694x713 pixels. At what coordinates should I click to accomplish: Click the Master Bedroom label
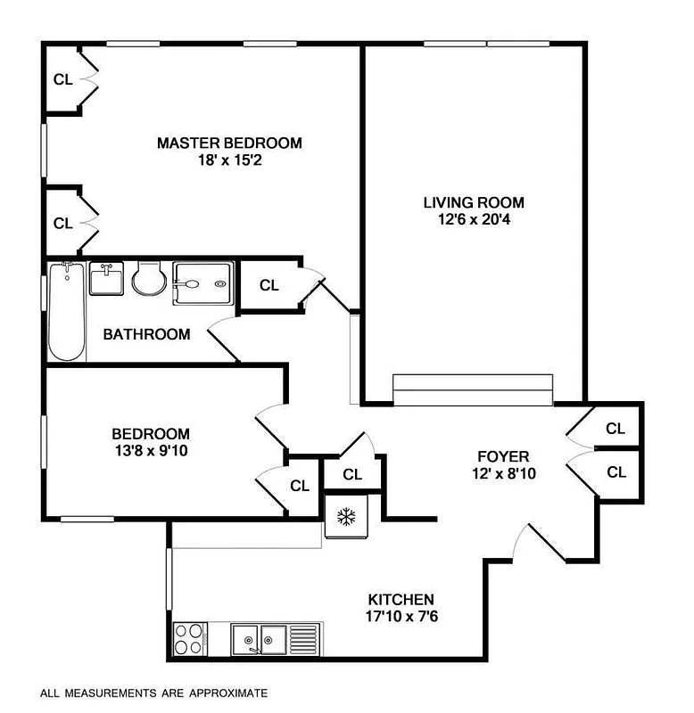pyautogui.click(x=229, y=143)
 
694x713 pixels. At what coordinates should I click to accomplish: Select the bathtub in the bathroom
pyautogui.click(x=66, y=311)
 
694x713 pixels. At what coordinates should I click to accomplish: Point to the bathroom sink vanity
pyautogui.click(x=106, y=278)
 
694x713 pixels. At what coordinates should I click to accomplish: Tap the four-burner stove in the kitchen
pyautogui.click(x=188, y=639)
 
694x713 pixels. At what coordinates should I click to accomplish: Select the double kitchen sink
pyautogui.click(x=260, y=638)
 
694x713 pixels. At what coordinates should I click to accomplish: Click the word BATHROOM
pyautogui.click(x=146, y=335)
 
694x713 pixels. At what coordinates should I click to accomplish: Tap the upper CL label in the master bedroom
pyautogui.click(x=62, y=79)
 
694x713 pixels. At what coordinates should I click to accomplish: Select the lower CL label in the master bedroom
pyautogui.click(x=62, y=224)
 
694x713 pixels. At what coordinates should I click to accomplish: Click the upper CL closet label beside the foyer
pyautogui.click(x=616, y=429)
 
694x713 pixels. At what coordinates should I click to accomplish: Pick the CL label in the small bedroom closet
pyautogui.click(x=300, y=486)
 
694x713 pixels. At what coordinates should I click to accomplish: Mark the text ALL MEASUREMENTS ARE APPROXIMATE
pyautogui.click(x=153, y=692)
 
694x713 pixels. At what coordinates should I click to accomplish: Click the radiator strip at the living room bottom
pyautogui.click(x=473, y=389)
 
